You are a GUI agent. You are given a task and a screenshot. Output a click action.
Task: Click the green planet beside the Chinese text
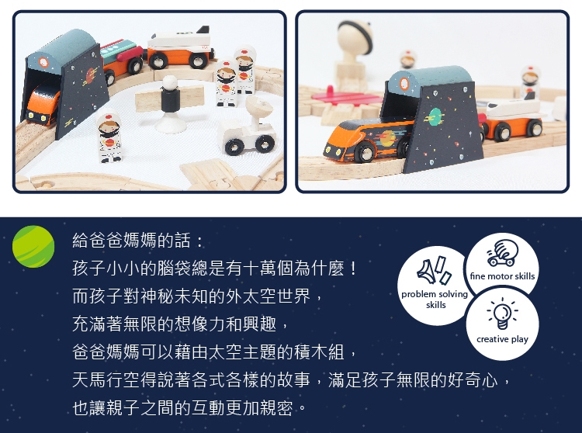[x=33, y=246]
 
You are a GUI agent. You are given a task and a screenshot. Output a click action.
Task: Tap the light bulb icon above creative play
[x=502, y=313]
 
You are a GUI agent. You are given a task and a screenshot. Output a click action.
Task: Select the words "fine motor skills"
[x=502, y=276]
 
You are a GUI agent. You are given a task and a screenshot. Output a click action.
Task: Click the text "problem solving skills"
[x=435, y=300]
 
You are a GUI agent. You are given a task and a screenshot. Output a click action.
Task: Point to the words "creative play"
[x=502, y=339]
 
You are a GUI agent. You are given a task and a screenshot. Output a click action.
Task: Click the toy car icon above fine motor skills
[x=503, y=253]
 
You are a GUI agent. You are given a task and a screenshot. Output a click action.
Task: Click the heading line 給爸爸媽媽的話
[x=137, y=241]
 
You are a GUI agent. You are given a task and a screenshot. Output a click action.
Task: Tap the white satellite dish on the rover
[x=258, y=108]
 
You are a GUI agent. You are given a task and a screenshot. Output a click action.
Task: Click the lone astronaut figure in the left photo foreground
[x=109, y=137]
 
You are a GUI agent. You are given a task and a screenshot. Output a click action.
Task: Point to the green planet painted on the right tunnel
[x=435, y=116]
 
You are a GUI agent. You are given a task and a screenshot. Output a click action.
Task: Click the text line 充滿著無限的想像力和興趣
[x=180, y=324]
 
